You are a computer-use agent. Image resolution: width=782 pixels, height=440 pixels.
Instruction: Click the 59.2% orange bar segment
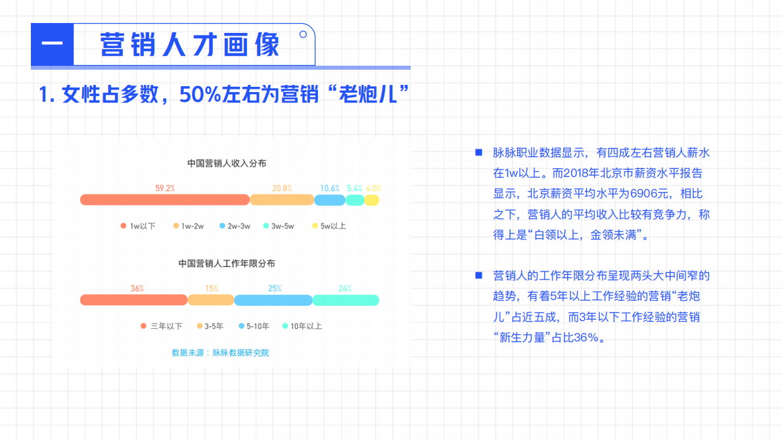(164, 200)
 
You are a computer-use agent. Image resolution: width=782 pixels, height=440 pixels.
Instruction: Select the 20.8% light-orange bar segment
(282, 200)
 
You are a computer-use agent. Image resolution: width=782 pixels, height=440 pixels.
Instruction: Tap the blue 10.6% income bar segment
(330, 200)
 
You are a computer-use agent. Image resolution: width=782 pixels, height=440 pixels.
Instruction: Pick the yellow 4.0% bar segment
(372, 200)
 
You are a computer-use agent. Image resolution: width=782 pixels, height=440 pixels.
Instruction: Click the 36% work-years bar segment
(134, 300)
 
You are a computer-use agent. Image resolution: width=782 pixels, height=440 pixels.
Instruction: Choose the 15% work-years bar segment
(211, 300)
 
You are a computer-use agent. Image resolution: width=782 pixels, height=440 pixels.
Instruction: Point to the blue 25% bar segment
(273, 300)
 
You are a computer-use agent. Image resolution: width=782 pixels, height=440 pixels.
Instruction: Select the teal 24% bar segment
(346, 300)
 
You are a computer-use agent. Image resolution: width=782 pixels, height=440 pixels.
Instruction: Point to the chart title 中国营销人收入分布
(227, 163)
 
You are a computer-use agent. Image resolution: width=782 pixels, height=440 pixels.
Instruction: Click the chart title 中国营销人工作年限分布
(227, 263)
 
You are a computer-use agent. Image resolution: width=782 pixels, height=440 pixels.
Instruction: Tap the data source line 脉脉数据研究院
(220, 353)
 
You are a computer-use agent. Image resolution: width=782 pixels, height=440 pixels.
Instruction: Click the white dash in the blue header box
(52, 45)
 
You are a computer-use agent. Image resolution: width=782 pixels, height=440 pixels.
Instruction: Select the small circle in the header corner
(303, 34)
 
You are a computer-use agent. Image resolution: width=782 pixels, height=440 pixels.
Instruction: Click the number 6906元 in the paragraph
(649, 194)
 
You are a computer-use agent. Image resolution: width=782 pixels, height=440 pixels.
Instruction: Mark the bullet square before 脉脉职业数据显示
(478, 153)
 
